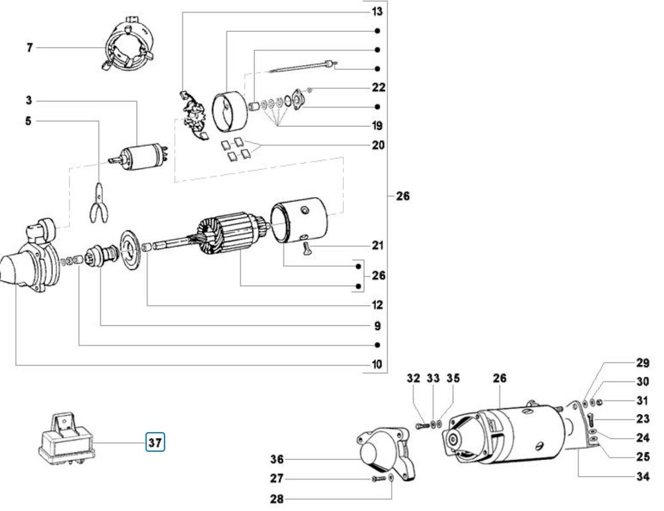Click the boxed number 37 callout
155,442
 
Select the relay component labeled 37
67,437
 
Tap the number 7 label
29,47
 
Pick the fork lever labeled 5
99,202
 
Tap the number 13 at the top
377,11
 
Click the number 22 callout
378,87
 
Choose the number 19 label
377,125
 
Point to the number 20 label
378,145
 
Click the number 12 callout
377,305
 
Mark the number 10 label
377,364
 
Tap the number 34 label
643,476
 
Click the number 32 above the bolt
413,378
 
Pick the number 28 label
276,499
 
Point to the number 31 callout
642,400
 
